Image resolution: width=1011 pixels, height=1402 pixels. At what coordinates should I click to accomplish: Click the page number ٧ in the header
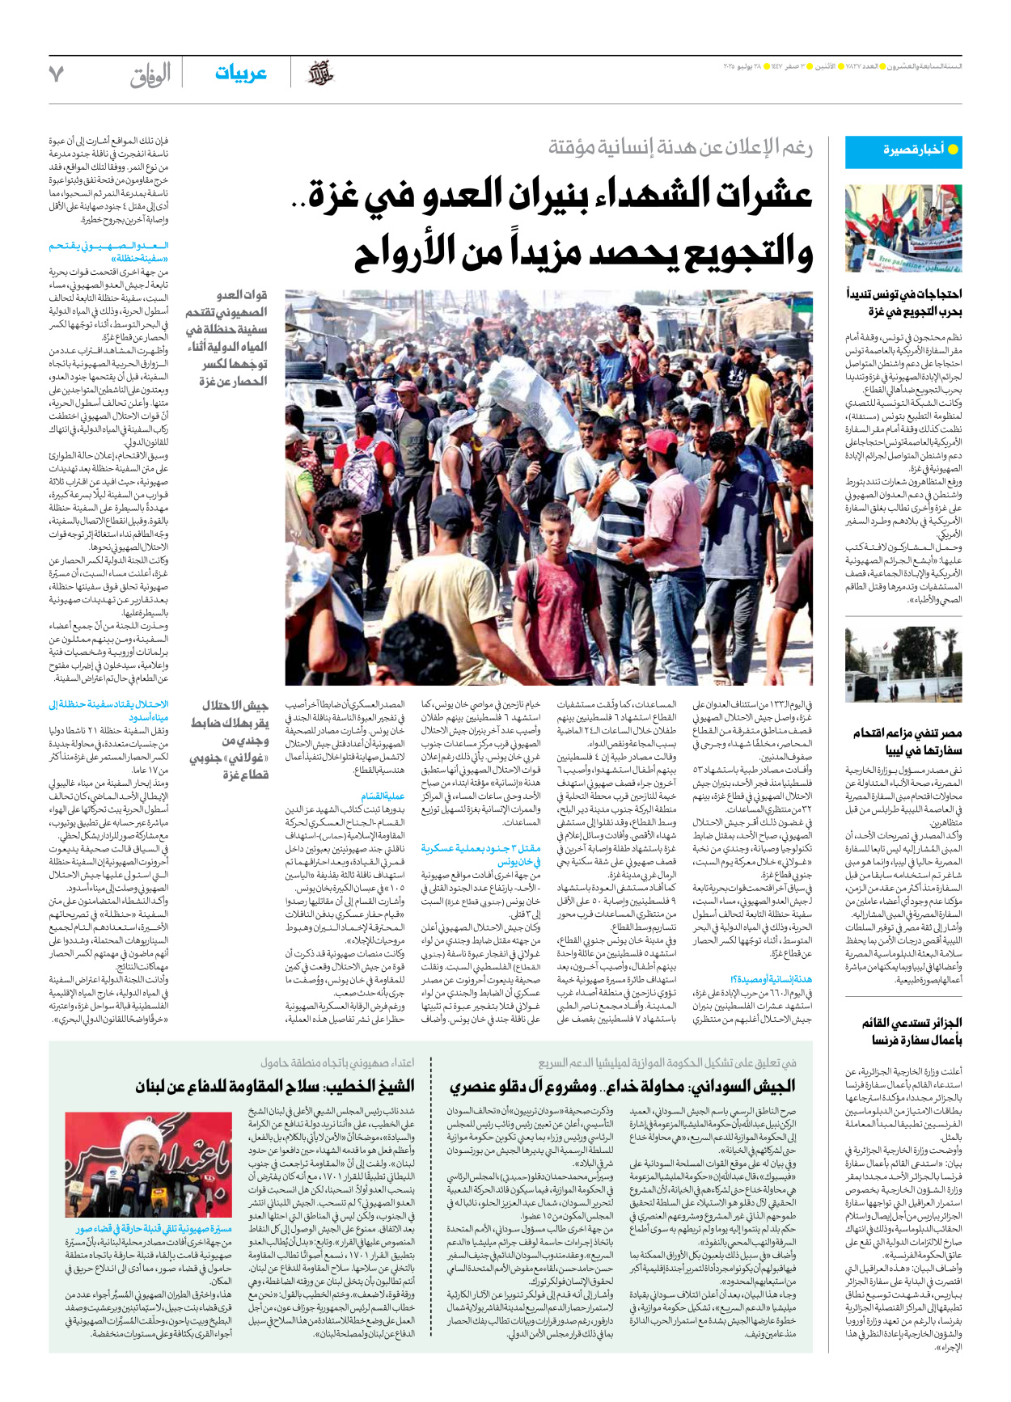tap(56, 74)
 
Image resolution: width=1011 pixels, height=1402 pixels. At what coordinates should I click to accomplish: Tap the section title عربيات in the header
tap(240, 74)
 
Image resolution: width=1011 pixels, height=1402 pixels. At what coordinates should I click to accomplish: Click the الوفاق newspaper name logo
tap(150, 76)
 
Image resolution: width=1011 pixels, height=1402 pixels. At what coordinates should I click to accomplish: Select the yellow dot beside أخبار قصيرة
tap(953, 150)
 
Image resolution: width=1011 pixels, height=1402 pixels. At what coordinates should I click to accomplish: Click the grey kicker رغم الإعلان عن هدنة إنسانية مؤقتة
tap(680, 147)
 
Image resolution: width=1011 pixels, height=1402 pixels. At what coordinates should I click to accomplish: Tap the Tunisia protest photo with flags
tap(903, 229)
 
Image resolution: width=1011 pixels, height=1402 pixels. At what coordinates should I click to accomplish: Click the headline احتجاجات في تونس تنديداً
tap(903, 293)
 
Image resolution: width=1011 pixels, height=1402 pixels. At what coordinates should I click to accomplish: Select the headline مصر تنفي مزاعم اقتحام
tap(907, 733)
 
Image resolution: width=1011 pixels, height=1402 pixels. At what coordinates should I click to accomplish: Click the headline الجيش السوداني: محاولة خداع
tap(623, 1086)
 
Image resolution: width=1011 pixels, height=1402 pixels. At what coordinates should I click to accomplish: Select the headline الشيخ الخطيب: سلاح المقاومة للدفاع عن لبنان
tap(275, 1086)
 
